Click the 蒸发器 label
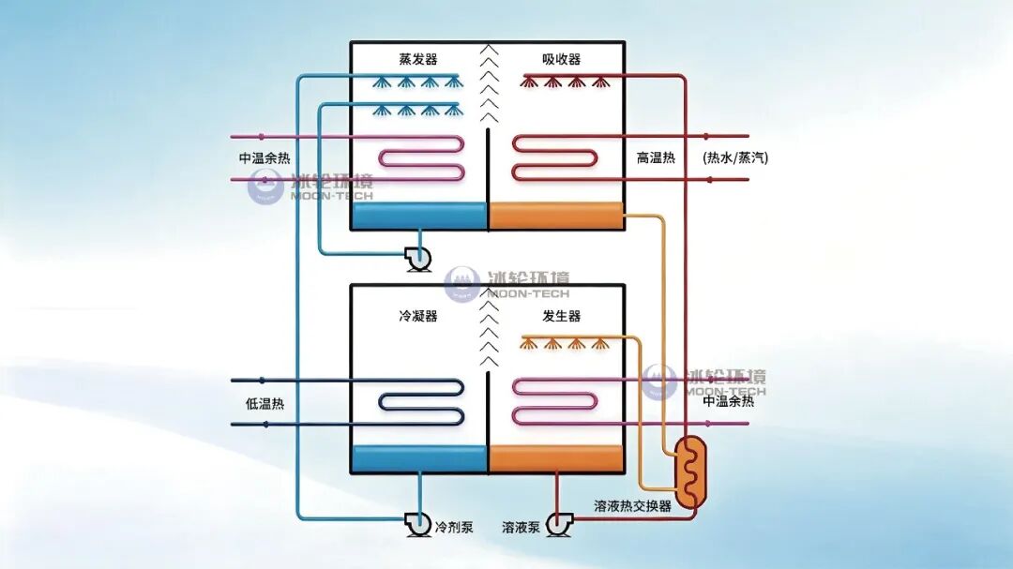coord(418,59)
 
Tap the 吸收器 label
coord(562,59)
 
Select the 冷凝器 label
coord(418,316)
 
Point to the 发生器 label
coord(562,316)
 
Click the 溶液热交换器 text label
coord(632,505)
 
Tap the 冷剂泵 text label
coord(454,527)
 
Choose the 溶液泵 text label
coord(521,527)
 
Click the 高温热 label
coord(656,157)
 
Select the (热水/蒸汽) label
coord(735,157)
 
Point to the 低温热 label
coord(265,404)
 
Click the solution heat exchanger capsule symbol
coord(690,471)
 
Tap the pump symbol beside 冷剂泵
coord(417,524)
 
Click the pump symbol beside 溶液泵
coord(559,524)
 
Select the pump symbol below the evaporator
coord(417,259)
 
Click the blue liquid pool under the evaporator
coord(420,216)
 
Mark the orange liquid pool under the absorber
coord(555,216)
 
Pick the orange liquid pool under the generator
coord(555,458)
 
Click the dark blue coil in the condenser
coord(421,402)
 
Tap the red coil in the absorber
coord(554,158)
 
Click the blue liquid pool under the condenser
coord(420,458)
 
